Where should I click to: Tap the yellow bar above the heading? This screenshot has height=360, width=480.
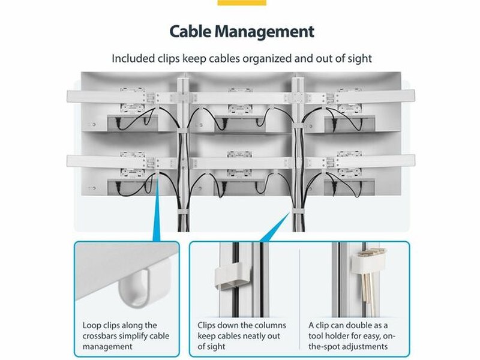[242, 2]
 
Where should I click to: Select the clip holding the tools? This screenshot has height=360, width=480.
[367, 260]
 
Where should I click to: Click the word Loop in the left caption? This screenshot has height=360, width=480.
[92, 325]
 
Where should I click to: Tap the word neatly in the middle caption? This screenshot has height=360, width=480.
[247, 336]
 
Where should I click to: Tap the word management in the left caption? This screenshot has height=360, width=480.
[107, 347]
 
